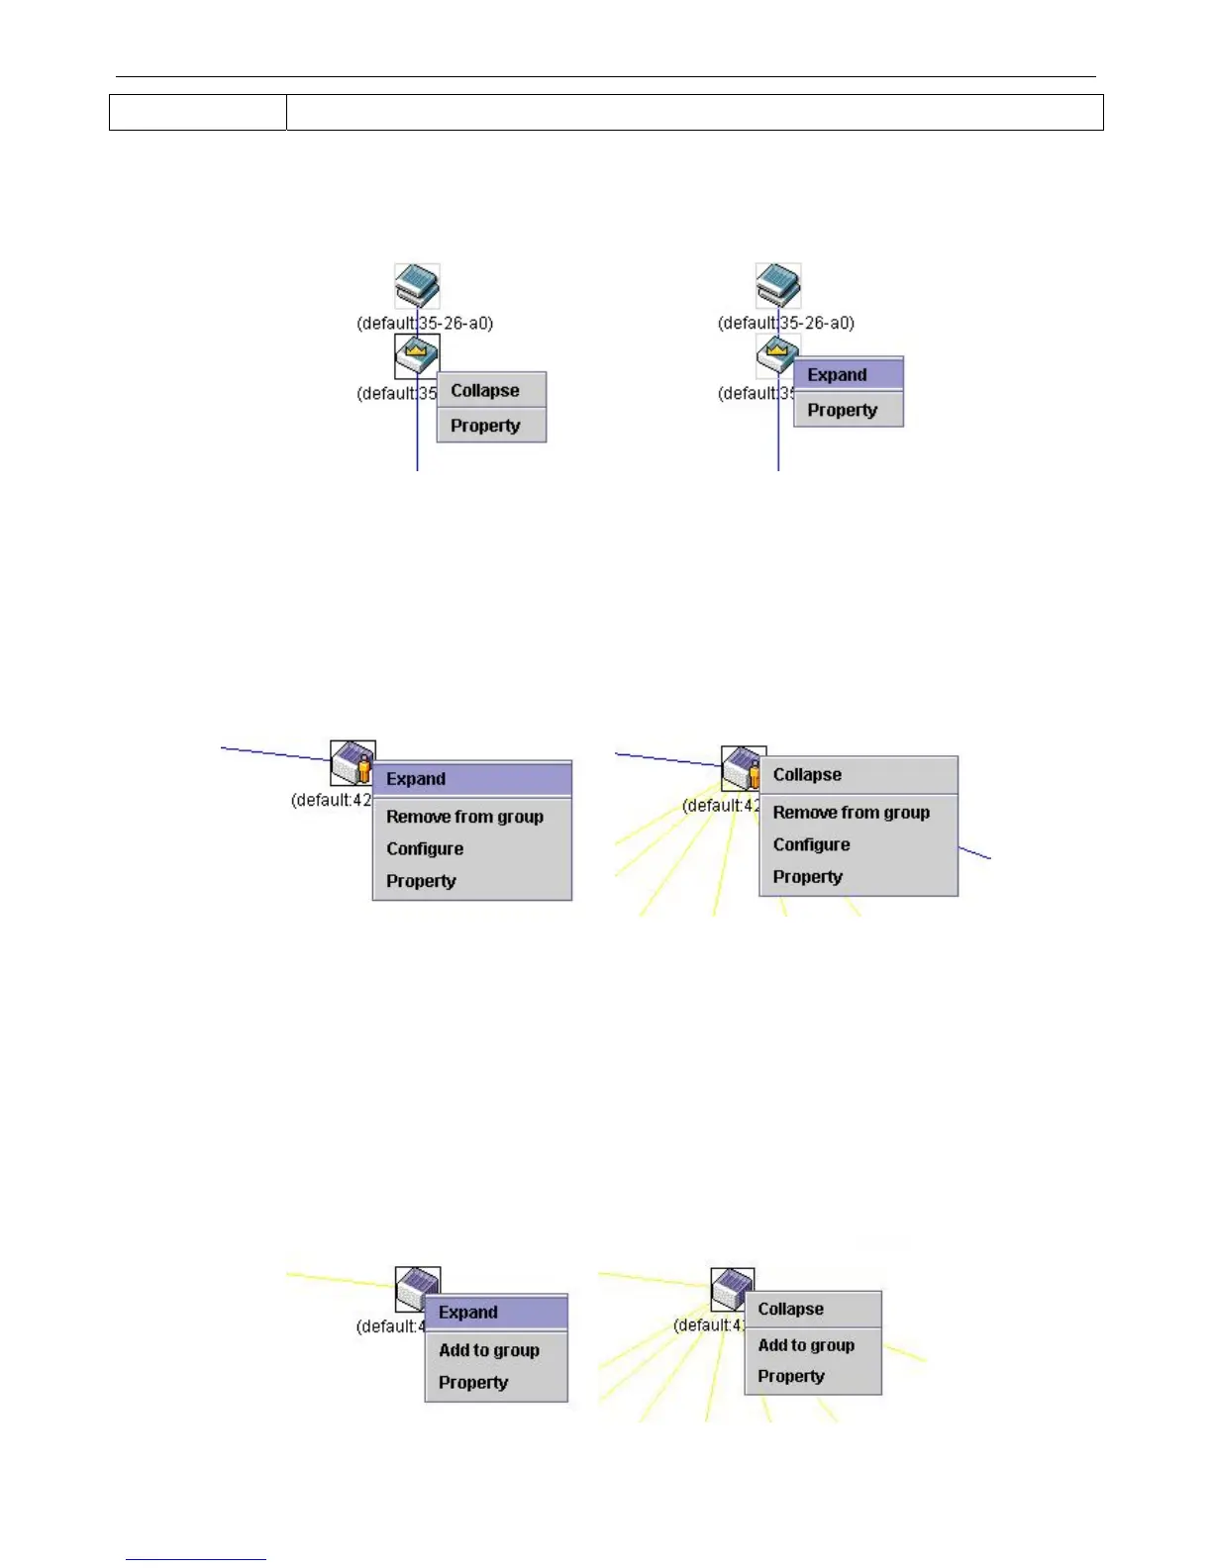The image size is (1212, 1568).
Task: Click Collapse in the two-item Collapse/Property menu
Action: point(485,391)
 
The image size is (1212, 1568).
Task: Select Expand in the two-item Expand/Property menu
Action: point(838,375)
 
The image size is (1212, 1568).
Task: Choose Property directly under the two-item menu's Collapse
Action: point(485,426)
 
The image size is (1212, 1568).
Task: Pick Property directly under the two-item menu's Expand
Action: point(843,410)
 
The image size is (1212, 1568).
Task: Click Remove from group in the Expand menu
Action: point(465,817)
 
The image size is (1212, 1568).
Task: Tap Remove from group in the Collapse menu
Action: point(852,813)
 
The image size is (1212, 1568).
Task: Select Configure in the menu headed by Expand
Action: point(425,849)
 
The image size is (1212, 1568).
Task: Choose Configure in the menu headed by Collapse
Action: point(812,844)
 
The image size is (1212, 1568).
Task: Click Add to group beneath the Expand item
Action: point(489,1350)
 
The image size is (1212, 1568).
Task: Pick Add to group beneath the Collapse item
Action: point(806,1345)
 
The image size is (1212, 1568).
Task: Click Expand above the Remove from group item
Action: point(416,779)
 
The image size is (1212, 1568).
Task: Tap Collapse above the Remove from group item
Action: point(808,775)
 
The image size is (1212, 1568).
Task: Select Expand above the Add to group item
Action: point(468,1313)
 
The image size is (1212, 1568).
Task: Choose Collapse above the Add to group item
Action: point(791,1309)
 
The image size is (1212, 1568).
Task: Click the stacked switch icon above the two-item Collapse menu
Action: point(417,286)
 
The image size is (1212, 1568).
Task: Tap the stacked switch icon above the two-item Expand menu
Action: point(778,286)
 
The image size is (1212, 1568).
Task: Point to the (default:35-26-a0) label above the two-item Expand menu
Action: point(786,323)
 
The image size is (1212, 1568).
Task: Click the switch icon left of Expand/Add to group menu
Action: point(417,1288)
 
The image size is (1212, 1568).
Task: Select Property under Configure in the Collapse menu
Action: point(808,877)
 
